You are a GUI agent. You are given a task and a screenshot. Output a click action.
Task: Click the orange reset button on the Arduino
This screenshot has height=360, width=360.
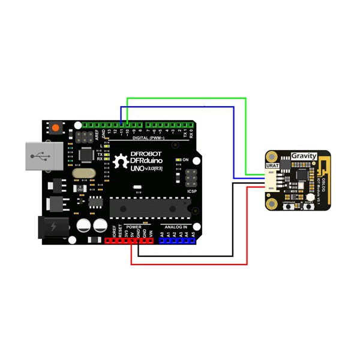tap(56, 127)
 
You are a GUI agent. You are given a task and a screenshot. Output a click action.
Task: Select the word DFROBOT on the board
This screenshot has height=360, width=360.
tap(138, 154)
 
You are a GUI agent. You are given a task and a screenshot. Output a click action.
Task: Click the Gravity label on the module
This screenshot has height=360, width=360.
tap(304, 156)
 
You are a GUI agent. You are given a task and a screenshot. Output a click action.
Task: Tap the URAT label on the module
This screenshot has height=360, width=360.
tap(272, 164)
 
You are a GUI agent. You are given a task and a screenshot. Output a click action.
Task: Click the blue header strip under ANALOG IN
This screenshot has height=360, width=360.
tap(177, 241)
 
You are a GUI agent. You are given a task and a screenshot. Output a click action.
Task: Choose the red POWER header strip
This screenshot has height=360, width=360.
tap(129, 241)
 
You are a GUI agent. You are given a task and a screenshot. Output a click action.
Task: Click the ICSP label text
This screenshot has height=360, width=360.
tap(192, 191)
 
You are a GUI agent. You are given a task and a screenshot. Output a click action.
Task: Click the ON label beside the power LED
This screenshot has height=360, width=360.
tap(185, 160)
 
